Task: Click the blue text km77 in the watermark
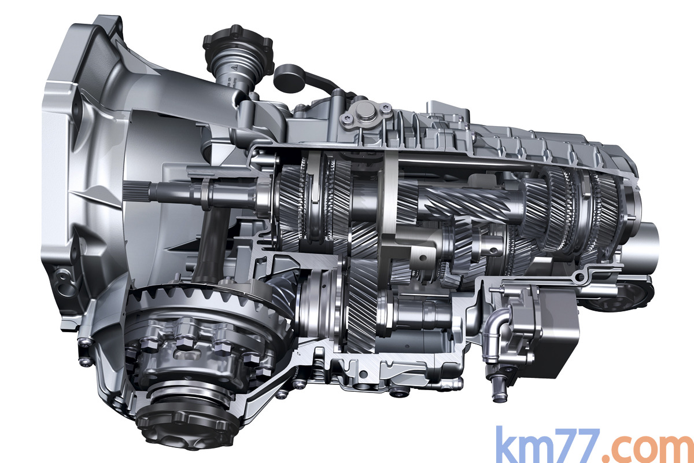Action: click(548, 444)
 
